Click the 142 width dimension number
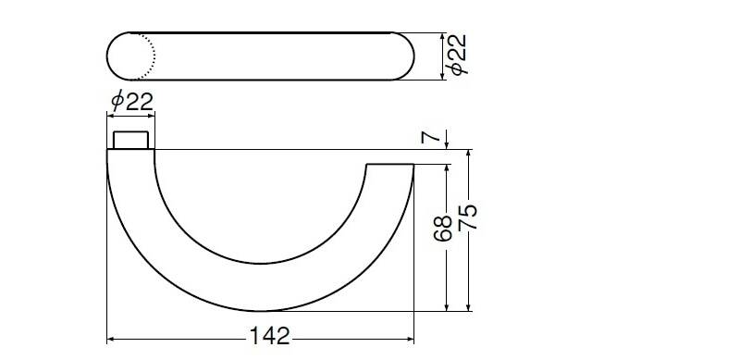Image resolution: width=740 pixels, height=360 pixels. pos(269,336)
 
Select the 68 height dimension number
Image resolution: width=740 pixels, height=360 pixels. pos(443,229)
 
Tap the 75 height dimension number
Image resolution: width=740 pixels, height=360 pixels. pos(468,217)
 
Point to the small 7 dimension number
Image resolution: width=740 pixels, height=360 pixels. pos(430,137)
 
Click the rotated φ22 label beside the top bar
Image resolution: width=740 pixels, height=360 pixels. pos(457,55)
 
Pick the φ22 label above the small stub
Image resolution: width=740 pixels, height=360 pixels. pos(132,101)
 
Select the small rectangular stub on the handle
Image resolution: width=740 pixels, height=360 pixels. pos(130,141)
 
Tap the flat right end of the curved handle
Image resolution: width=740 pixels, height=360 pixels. pos(389,165)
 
